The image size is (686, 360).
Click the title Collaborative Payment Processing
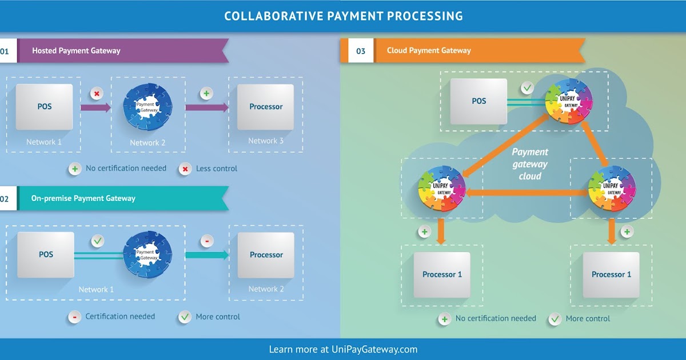tap(343, 16)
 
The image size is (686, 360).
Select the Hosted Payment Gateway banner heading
tap(76, 51)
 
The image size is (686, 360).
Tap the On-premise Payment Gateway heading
tap(83, 198)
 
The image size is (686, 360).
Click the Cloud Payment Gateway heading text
tap(429, 51)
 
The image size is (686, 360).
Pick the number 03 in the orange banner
tap(361, 51)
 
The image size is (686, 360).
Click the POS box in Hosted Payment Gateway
tap(45, 107)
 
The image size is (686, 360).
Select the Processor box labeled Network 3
tap(266, 107)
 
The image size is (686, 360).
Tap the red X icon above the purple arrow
tap(97, 93)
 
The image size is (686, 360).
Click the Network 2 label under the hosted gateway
tap(147, 143)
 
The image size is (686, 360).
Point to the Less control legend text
tap(216, 169)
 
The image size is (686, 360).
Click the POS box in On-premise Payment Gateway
tap(46, 254)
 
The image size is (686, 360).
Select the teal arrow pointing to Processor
tap(206, 255)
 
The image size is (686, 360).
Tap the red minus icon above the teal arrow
tap(207, 241)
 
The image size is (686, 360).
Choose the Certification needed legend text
tap(120, 317)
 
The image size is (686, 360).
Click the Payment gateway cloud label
tap(529, 164)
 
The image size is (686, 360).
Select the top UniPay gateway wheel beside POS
tap(568, 102)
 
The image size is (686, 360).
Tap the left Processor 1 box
tap(442, 275)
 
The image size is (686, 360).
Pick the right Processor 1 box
tap(611, 275)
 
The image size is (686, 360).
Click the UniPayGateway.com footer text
tap(374, 349)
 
